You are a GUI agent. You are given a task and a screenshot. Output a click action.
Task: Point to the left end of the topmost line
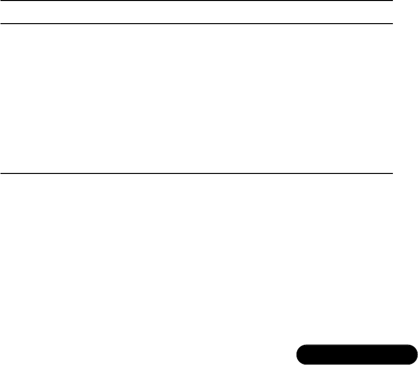(1, 1)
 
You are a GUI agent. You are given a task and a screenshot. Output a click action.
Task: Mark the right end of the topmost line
(391, 1)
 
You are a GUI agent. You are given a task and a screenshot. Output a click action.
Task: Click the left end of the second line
(1, 23)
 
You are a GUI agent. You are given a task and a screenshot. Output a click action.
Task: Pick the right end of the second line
(391, 23)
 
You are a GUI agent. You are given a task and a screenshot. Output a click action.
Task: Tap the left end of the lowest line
(1, 174)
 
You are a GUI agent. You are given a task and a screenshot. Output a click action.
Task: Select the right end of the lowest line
(391, 174)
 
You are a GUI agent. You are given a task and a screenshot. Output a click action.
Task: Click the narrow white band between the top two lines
(196, 12)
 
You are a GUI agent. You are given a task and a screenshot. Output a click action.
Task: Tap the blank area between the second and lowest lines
(196, 99)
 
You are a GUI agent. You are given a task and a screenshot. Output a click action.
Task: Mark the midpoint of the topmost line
(196, 1)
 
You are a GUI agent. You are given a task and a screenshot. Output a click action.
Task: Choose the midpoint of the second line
(196, 23)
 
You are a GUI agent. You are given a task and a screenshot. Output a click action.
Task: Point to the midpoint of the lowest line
(196, 174)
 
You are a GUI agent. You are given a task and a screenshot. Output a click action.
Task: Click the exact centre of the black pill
(356, 354)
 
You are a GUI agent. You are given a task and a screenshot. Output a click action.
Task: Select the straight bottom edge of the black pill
(356, 363)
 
